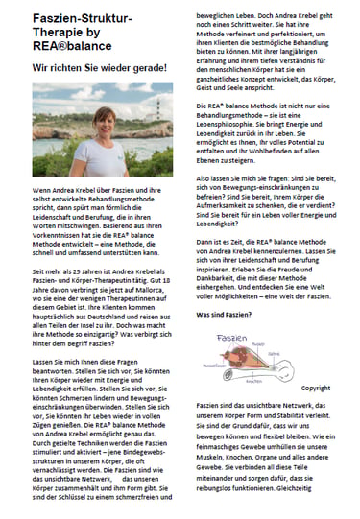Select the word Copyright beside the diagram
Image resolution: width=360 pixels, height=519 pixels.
(x=309, y=389)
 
